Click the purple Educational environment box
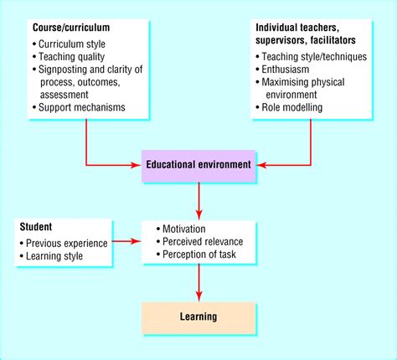pos(198,165)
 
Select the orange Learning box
pos(198,317)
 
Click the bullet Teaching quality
pos(73,57)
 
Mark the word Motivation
pos(187,229)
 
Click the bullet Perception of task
pos(202,255)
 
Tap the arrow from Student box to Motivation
pos(125,242)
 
